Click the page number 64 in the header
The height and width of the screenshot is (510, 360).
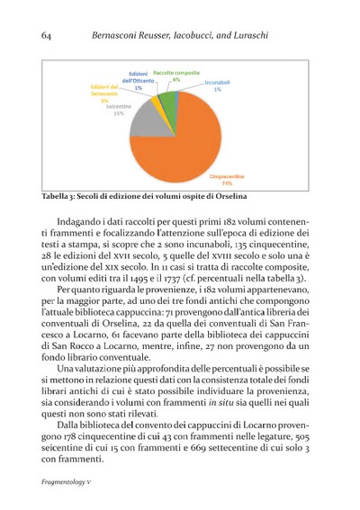pos(48,34)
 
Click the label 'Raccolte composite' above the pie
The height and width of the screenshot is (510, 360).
pos(176,71)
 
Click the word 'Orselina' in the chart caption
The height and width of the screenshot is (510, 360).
pos(228,197)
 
